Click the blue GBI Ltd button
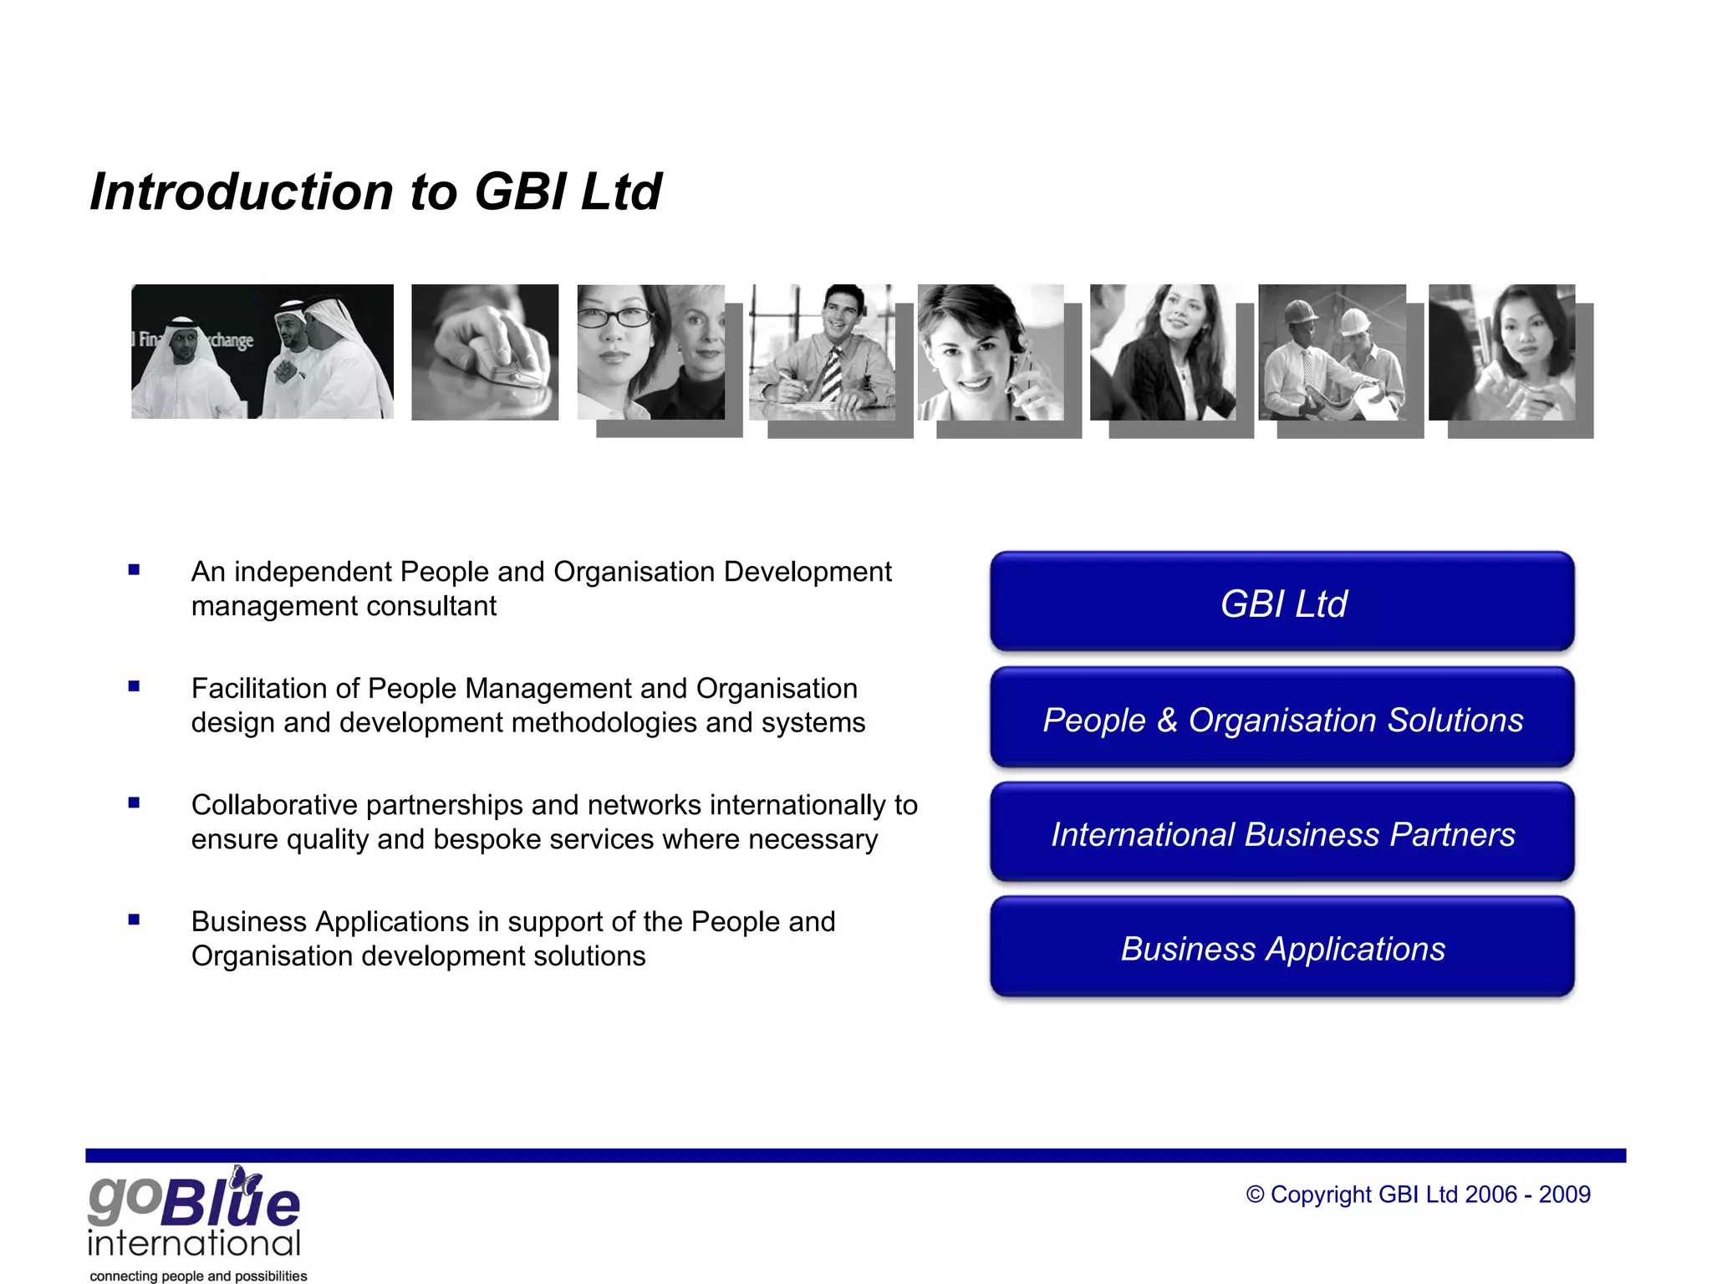[x=1282, y=602]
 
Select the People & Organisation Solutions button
[x=1282, y=719]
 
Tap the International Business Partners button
[x=1282, y=833]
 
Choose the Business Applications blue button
[x=1282, y=948]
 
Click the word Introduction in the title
[x=242, y=191]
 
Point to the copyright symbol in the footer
[x=1255, y=1195]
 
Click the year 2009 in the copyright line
[x=1565, y=1195]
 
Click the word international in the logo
[x=194, y=1243]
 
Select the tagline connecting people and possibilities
[x=198, y=1276]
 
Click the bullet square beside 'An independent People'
[x=134, y=570]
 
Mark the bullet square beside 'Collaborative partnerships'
[x=134, y=803]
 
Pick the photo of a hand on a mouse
[x=485, y=352]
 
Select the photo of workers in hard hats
[x=1332, y=352]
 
